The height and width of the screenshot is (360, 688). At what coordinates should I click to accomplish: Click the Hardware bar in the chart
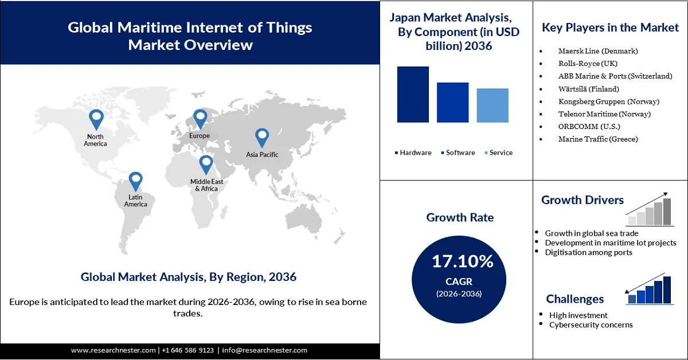pos(413,95)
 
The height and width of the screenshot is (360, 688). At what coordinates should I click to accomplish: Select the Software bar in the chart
pos(452,103)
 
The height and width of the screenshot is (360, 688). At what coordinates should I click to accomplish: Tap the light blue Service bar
pos(492,105)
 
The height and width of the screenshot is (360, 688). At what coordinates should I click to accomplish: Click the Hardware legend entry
pos(413,152)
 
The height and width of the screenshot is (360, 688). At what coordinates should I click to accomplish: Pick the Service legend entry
pos(498,152)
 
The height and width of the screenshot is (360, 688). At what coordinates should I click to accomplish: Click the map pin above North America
pos(96,119)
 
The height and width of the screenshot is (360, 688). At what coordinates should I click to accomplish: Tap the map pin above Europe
pos(200,119)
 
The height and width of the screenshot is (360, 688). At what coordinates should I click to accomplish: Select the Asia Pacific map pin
pos(262,137)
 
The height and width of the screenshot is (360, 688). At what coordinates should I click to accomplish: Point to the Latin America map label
pos(135,201)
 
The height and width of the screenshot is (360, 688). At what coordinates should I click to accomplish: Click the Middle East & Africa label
pos(206,185)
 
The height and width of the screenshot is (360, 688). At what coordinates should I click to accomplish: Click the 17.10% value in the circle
pos(462,262)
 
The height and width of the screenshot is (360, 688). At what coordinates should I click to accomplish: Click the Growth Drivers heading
pos(583,200)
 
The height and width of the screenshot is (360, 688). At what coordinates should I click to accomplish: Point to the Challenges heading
pos(574,299)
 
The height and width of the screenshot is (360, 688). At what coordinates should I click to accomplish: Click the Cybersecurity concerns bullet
pos(591,325)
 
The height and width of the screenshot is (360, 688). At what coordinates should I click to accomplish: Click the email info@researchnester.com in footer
pos(264,350)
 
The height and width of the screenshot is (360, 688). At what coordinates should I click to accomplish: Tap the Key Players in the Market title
pos(610,28)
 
